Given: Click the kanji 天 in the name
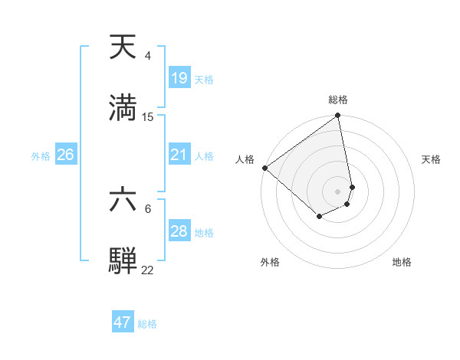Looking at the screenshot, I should pyautogui.click(x=123, y=47).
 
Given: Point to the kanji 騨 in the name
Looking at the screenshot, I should pyautogui.click(x=123, y=260).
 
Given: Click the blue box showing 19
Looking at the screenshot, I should pyautogui.click(x=179, y=78).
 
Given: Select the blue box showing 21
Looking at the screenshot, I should pyautogui.click(x=179, y=155).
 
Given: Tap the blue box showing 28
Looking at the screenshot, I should pyautogui.click(x=179, y=231).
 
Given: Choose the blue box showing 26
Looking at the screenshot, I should pyautogui.click(x=65, y=155).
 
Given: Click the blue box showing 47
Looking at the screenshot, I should pyautogui.click(x=123, y=322).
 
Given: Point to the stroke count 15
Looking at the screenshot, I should pyautogui.click(x=148, y=116).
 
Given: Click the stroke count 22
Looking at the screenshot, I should pyautogui.click(x=148, y=270).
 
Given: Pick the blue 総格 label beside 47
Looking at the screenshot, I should pyautogui.click(x=147, y=323).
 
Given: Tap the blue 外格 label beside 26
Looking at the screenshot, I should pyautogui.click(x=41, y=155).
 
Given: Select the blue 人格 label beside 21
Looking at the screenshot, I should pyautogui.click(x=204, y=155).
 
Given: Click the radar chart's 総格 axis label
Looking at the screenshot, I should pyautogui.click(x=338, y=100).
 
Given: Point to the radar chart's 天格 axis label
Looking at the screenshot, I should pyautogui.click(x=431, y=159).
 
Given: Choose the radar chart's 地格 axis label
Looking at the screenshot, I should pyautogui.click(x=402, y=262).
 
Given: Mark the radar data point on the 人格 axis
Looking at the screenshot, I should pyautogui.click(x=264, y=168).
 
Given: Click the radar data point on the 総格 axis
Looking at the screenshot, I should pyautogui.click(x=338, y=116).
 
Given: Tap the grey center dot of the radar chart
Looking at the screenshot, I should pyautogui.click(x=338, y=191).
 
